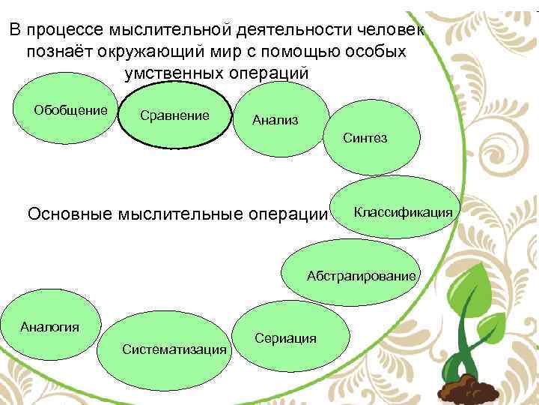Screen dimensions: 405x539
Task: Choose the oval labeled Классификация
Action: point(403,211)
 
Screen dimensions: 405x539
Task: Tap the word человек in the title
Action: point(386,30)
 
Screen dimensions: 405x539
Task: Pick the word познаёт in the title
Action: point(57,52)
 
